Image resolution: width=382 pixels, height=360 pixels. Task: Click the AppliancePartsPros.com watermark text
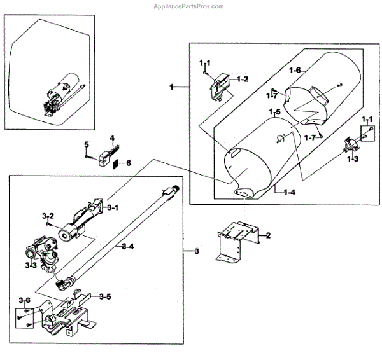(x=189, y=6)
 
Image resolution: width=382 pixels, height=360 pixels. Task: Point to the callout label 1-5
(x=275, y=113)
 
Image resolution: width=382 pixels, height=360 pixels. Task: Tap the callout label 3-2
(x=48, y=217)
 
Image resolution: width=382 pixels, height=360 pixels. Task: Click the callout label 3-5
(x=106, y=296)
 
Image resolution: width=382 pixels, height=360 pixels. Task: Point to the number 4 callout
(x=112, y=139)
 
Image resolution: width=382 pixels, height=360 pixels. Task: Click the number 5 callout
(x=87, y=144)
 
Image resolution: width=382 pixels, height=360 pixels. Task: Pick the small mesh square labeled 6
(x=115, y=163)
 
